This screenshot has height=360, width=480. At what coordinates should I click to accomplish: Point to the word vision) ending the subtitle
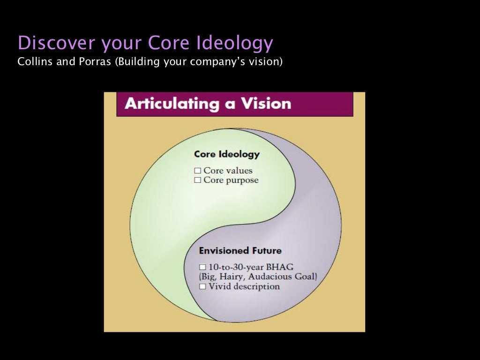pyautogui.click(x=267, y=61)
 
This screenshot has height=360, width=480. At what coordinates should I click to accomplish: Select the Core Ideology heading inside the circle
pyautogui.click(x=226, y=155)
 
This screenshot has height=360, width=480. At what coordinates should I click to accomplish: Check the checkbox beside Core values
pyautogui.click(x=197, y=171)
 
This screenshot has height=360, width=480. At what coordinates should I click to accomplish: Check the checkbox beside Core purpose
pyautogui.click(x=197, y=180)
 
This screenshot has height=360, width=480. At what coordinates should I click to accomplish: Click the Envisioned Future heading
pyautogui.click(x=240, y=250)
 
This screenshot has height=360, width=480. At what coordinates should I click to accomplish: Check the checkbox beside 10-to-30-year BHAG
pyautogui.click(x=202, y=267)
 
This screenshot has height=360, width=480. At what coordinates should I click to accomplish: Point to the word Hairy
pyautogui.click(x=229, y=277)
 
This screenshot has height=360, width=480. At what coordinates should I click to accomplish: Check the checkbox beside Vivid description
pyautogui.click(x=202, y=286)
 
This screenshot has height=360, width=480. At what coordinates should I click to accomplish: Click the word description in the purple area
pyautogui.click(x=256, y=286)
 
